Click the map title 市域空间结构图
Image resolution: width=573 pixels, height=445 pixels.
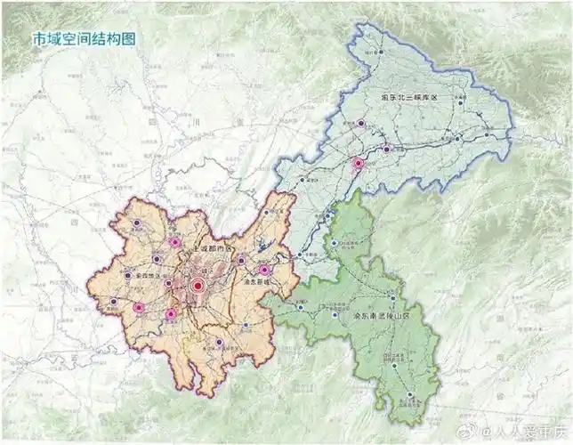85,40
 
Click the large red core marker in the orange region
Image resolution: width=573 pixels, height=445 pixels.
198,286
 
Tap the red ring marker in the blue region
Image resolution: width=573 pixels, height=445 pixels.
359,164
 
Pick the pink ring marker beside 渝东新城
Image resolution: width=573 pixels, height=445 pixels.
264,270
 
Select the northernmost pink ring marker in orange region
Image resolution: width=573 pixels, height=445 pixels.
175,241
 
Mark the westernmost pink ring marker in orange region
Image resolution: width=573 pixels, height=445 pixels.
139,308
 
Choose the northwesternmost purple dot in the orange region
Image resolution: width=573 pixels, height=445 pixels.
136,222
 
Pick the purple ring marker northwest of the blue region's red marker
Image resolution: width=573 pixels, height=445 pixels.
361,124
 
